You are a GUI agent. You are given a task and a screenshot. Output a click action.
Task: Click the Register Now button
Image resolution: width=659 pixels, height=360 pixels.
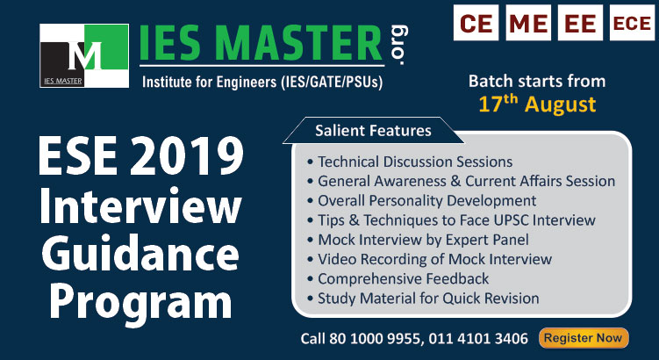[x=583, y=337]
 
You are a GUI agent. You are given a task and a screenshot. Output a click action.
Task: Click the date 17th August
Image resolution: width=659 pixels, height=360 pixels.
[x=537, y=104]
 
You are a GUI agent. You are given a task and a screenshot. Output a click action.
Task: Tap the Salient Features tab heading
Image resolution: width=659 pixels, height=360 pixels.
[x=374, y=131]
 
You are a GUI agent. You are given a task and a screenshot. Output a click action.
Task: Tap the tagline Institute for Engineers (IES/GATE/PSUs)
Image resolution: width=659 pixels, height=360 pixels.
[x=263, y=83]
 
